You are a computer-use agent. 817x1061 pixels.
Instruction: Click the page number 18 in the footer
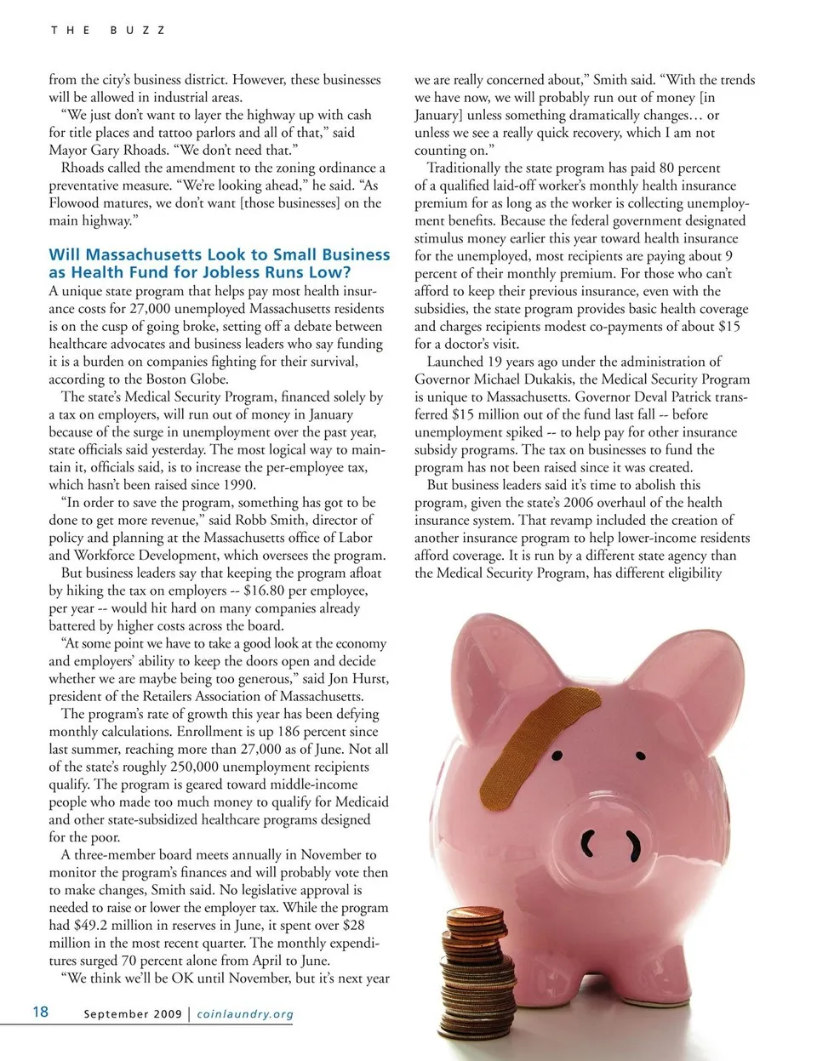(40, 1012)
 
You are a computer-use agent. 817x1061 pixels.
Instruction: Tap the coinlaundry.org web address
(245, 1014)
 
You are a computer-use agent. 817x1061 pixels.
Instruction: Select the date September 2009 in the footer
(133, 1014)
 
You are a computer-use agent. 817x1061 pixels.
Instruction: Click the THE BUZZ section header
(107, 30)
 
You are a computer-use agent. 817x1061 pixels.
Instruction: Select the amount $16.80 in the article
(271, 590)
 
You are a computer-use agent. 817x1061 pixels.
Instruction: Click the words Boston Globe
(187, 379)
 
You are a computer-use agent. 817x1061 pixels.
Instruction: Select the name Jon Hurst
(357, 679)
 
